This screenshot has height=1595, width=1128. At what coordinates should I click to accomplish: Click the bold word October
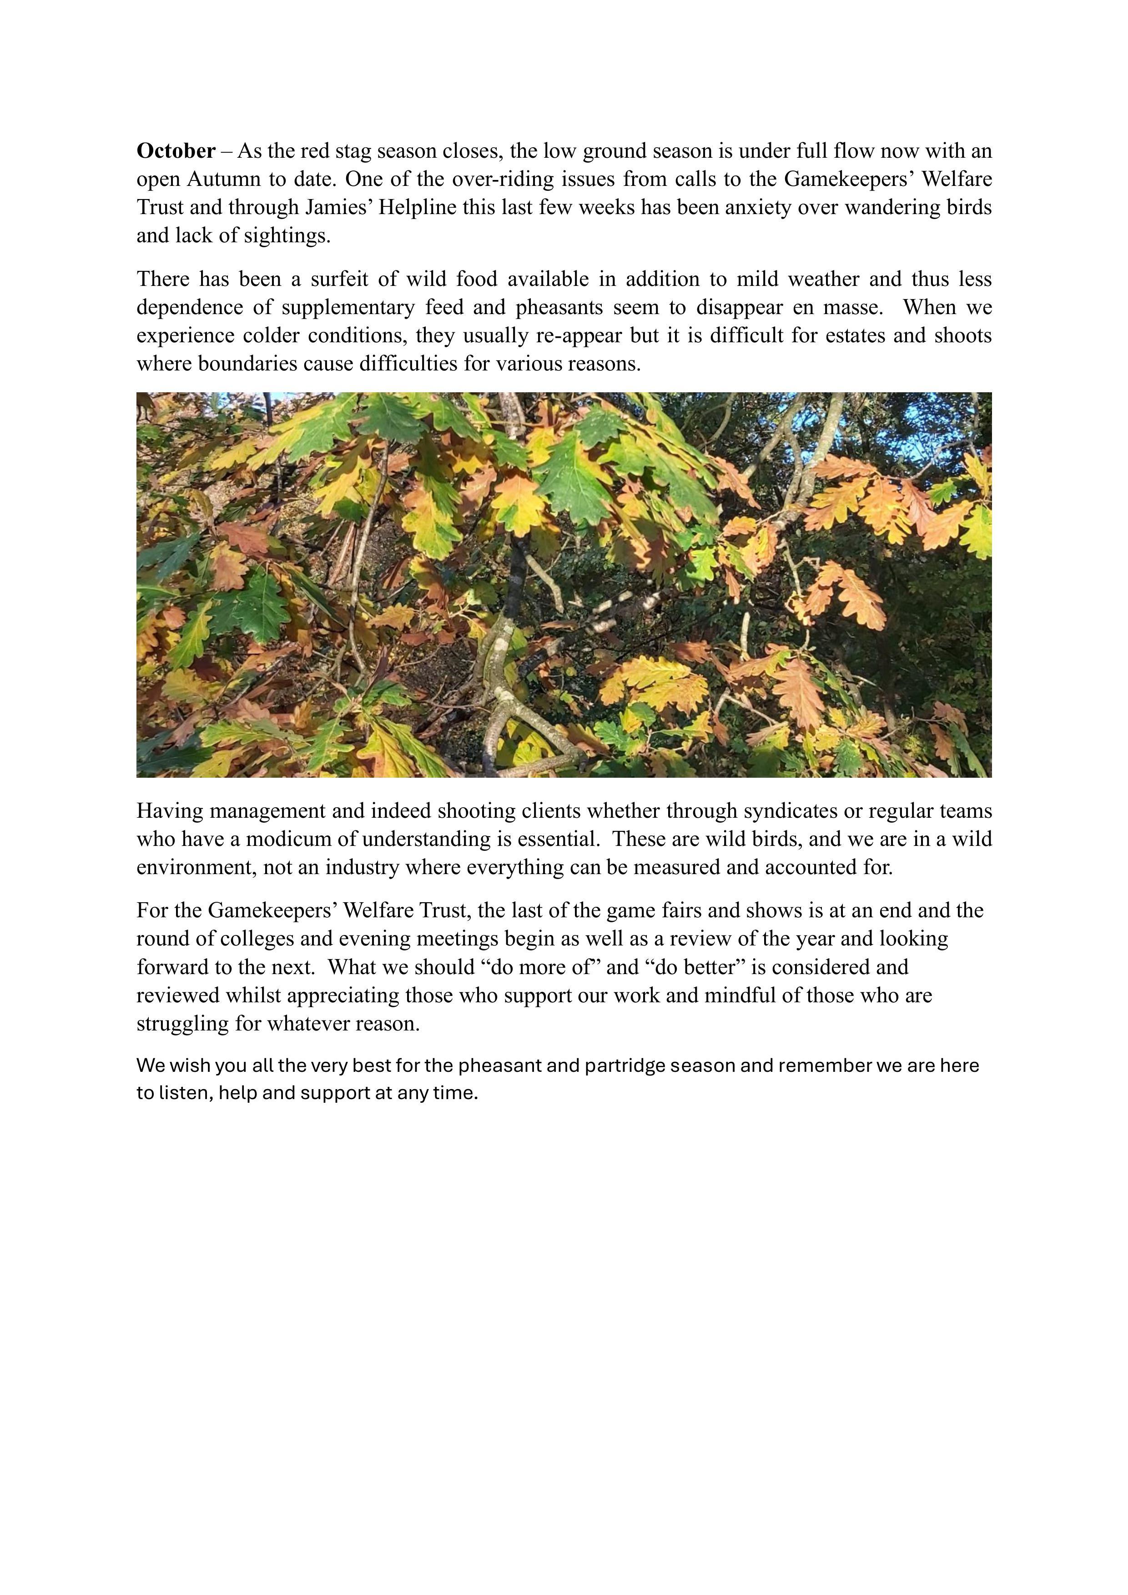pyautogui.click(x=176, y=151)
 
